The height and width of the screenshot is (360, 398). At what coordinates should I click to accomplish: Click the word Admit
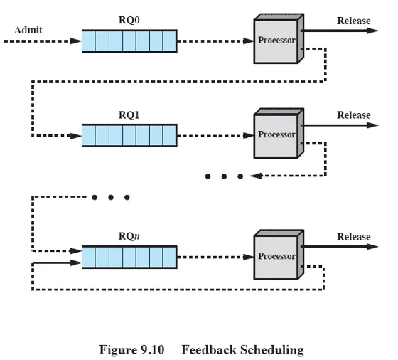click(28, 30)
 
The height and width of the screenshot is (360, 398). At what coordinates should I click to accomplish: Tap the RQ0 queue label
click(129, 21)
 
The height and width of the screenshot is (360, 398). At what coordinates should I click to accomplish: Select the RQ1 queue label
click(129, 115)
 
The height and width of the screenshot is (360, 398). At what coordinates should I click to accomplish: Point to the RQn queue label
click(129, 236)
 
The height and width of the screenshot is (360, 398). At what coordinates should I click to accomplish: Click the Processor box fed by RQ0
click(279, 38)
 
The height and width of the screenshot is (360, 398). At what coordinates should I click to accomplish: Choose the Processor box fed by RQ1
click(279, 133)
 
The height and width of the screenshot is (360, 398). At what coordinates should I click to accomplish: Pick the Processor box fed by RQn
click(279, 255)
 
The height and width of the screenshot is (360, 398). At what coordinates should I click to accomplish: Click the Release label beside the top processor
click(354, 21)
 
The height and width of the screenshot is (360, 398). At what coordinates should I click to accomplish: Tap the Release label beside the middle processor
click(354, 115)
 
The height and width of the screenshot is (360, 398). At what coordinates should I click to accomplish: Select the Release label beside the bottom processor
click(354, 237)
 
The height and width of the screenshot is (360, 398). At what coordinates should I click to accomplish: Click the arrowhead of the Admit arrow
click(75, 41)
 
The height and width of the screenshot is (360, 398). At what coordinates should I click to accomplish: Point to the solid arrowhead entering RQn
click(75, 263)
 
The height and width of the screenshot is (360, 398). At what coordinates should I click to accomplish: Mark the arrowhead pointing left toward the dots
click(256, 176)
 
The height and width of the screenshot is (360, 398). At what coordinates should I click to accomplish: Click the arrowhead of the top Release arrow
click(372, 31)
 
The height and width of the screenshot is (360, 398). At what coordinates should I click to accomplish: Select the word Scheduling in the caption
click(272, 350)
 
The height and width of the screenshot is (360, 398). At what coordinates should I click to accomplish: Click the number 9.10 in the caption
click(153, 350)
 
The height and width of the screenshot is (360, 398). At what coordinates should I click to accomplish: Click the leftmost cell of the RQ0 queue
click(89, 41)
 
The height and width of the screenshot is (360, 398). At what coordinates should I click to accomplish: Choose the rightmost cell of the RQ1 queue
click(169, 136)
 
